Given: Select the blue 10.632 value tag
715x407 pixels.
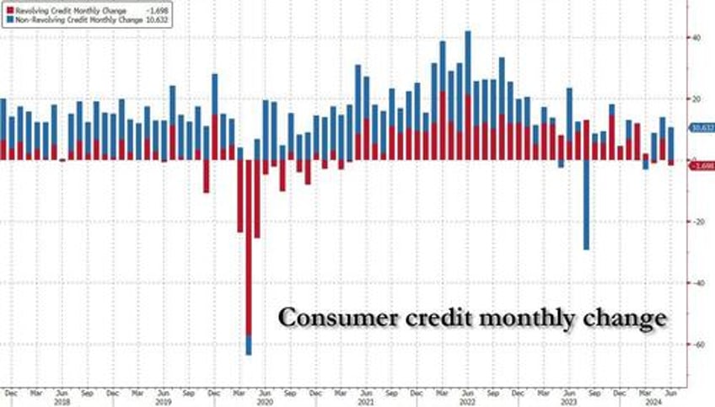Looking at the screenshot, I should tap(702, 128).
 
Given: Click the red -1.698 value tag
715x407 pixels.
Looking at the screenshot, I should tap(702, 166).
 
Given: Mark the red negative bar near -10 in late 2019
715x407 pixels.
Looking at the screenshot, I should tap(206, 176).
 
